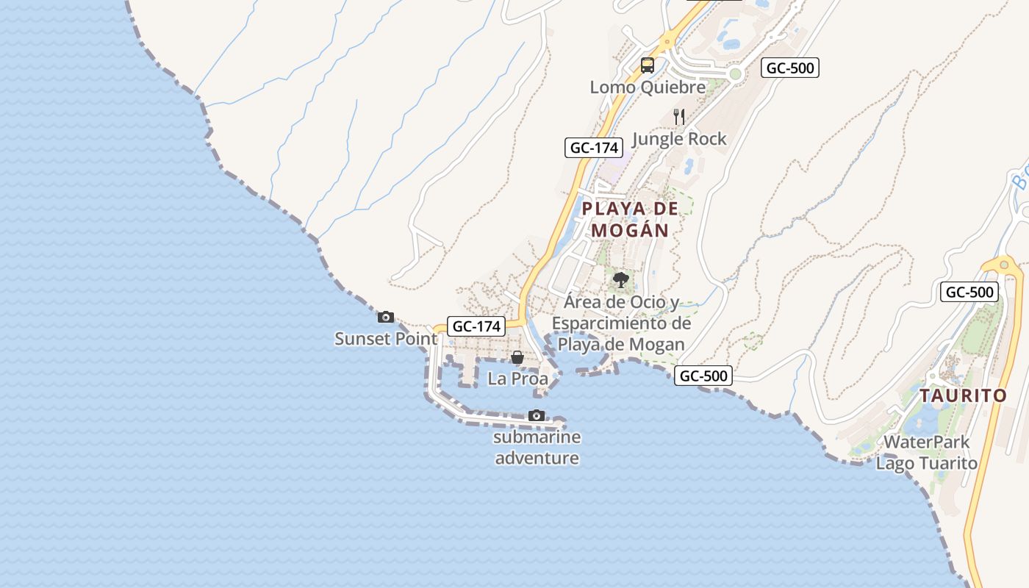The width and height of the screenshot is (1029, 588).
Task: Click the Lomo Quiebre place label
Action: (648, 87)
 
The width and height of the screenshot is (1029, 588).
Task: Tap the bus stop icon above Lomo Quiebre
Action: (647, 65)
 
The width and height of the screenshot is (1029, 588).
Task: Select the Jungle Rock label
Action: (678, 139)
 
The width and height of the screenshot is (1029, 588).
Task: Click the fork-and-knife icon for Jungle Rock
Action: (679, 116)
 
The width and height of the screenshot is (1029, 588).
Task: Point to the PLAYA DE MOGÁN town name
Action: (630, 219)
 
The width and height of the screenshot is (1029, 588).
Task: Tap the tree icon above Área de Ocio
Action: (621, 279)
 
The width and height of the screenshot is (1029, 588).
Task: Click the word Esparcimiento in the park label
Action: (621, 323)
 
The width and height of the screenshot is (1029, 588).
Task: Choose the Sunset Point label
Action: (386, 339)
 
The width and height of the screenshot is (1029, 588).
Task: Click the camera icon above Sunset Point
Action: (385, 318)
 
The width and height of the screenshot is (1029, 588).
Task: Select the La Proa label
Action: (517, 379)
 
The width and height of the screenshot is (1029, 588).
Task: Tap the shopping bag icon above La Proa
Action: (517, 358)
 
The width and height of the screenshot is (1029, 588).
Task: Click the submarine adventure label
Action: (537, 448)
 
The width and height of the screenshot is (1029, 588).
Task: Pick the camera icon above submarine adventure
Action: (537, 416)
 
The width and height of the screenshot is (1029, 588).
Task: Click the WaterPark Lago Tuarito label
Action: (926, 453)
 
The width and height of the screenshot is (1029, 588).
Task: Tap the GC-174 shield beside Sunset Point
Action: (476, 326)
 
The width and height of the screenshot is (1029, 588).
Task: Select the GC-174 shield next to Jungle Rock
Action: (593, 147)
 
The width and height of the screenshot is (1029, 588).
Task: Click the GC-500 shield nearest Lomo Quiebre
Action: (789, 68)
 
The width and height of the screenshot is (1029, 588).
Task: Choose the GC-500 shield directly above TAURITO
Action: (969, 292)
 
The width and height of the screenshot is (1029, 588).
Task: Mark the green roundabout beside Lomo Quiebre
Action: (735, 73)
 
